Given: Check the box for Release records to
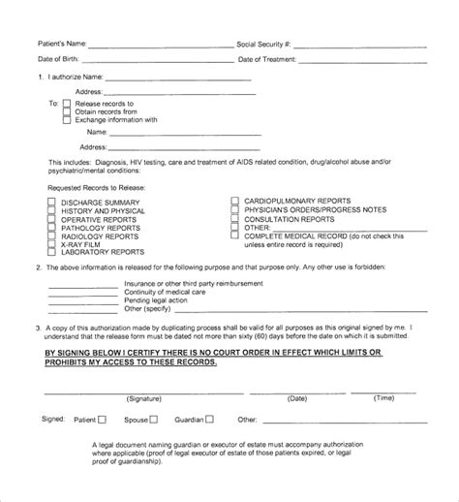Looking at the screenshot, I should pos(68,103).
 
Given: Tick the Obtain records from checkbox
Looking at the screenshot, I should pos(68,111).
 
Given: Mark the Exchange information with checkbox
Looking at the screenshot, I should pos(68,120).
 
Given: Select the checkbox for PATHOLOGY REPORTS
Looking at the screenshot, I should pos(51,228).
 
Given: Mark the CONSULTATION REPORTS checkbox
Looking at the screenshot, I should pos(234,220).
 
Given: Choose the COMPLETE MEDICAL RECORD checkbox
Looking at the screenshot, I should pos(234,236).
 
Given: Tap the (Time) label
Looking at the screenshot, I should pos(384,397).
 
